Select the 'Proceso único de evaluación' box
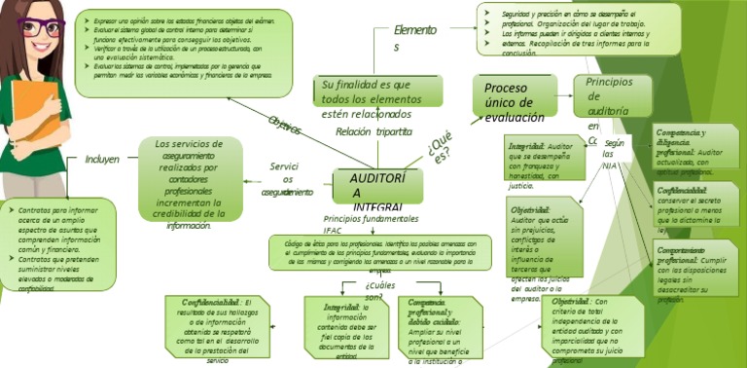point(515,100)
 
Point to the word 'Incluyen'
point(102,159)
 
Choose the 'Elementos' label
point(415,38)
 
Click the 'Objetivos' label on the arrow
point(284,126)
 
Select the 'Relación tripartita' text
point(373,131)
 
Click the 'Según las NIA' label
point(613,154)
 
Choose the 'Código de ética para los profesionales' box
point(373,252)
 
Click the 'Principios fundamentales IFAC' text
point(371,223)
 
